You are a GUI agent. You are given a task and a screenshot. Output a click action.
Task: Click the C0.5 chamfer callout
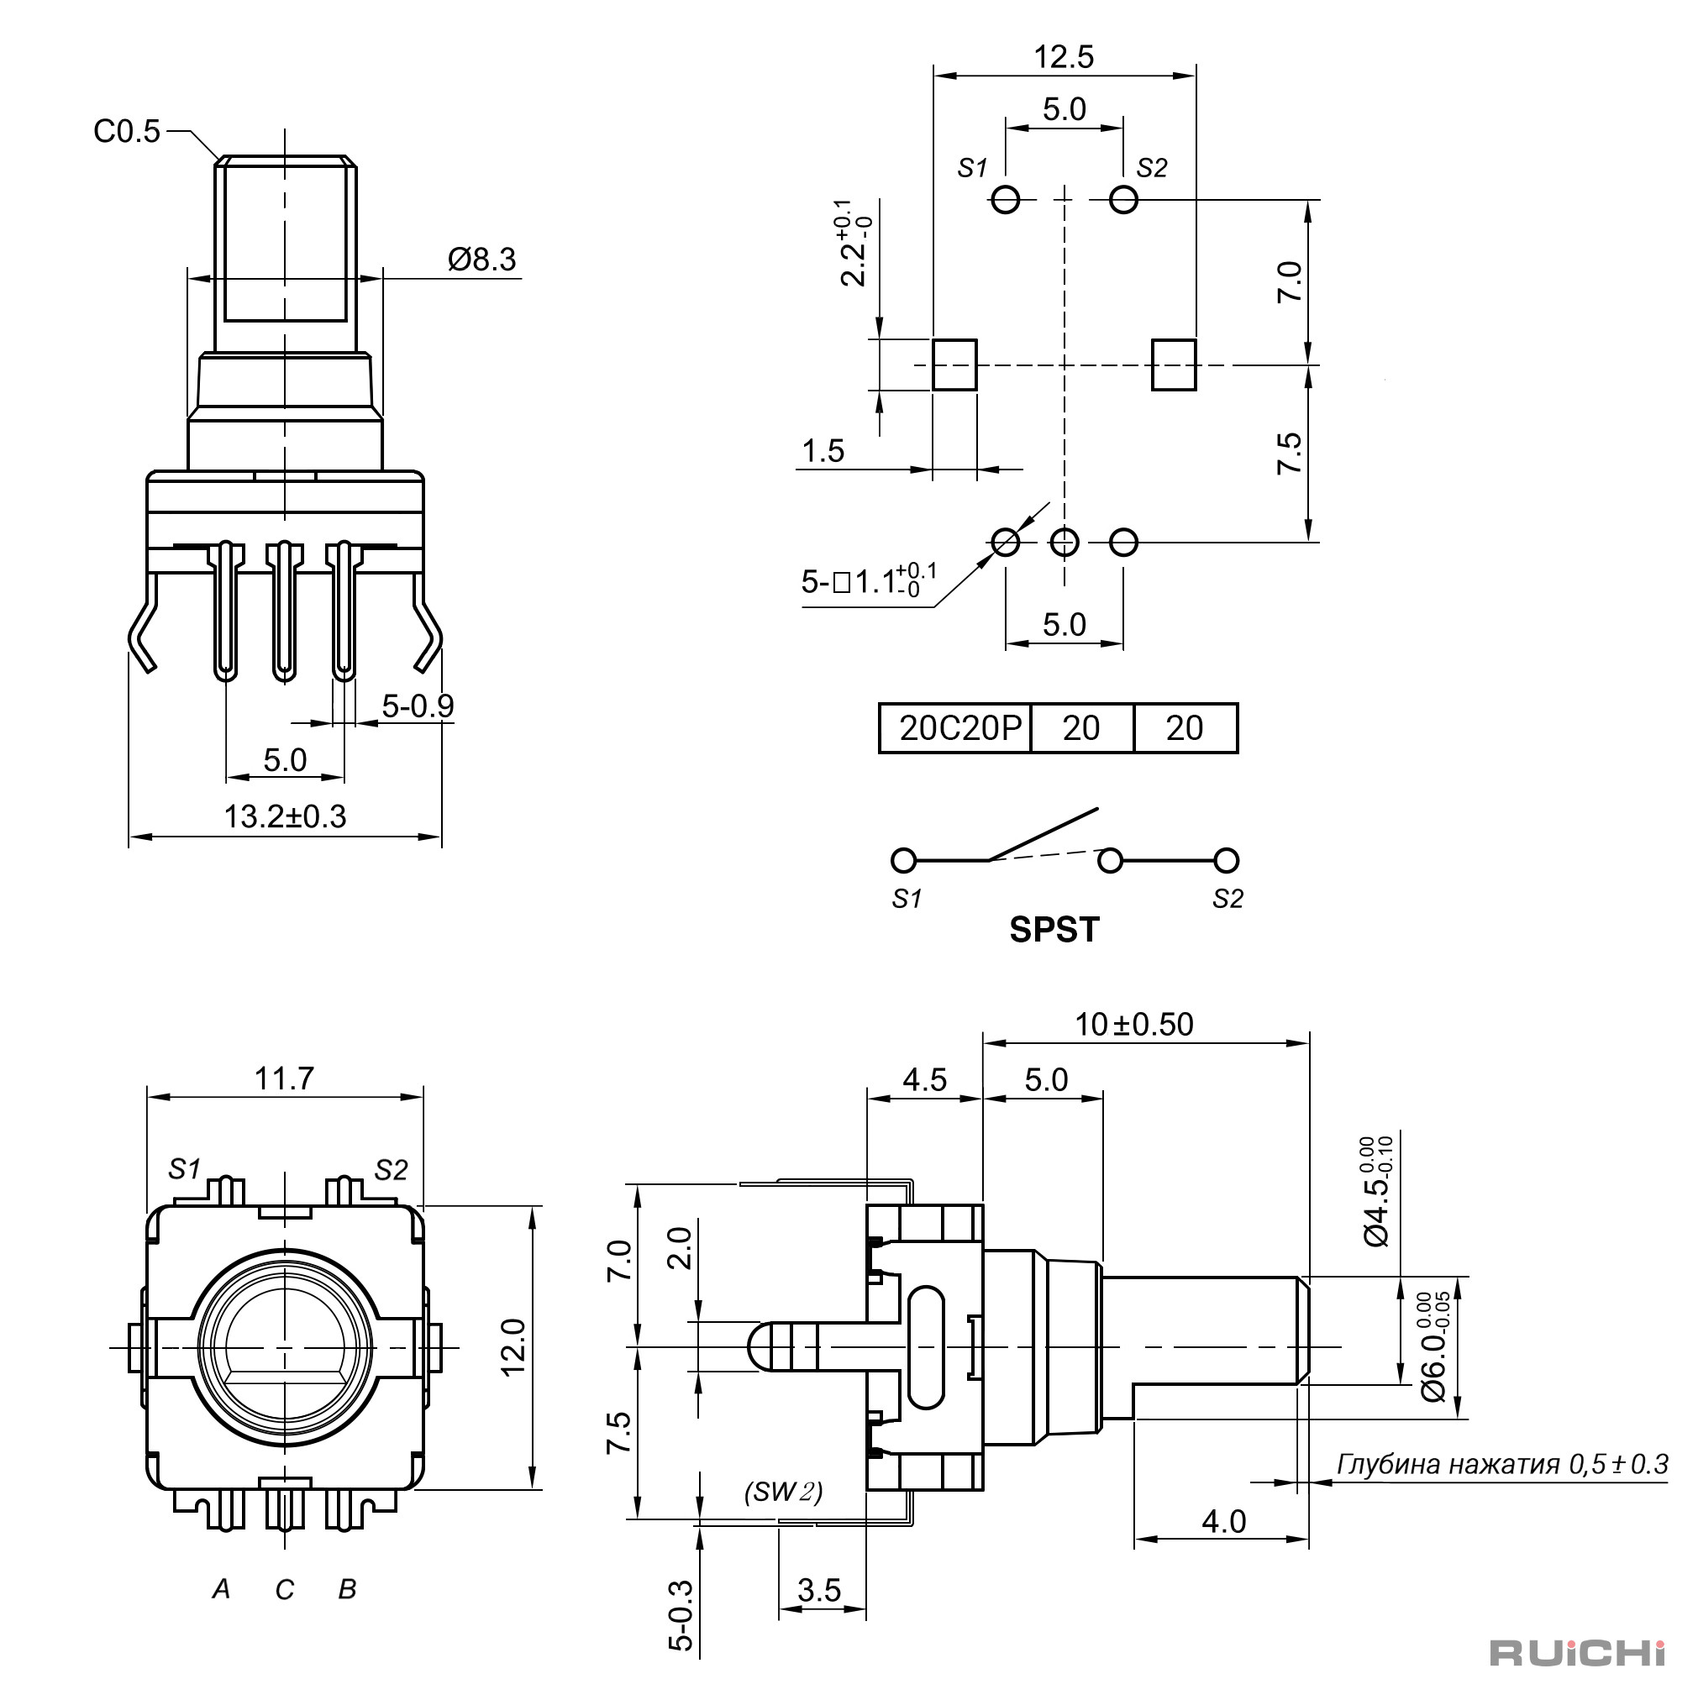(127, 132)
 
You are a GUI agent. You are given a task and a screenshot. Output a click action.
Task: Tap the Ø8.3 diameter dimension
(481, 260)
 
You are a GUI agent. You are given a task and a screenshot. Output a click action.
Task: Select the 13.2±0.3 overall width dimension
(285, 816)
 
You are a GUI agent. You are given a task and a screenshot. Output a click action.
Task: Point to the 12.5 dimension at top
(1064, 57)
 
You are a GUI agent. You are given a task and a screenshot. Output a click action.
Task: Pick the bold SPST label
(1054, 930)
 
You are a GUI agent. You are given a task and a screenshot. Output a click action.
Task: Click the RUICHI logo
(1576, 1652)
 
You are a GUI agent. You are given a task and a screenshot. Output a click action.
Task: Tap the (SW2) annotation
(783, 1493)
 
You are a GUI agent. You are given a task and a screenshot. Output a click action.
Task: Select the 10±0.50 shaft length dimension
(1133, 1024)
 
